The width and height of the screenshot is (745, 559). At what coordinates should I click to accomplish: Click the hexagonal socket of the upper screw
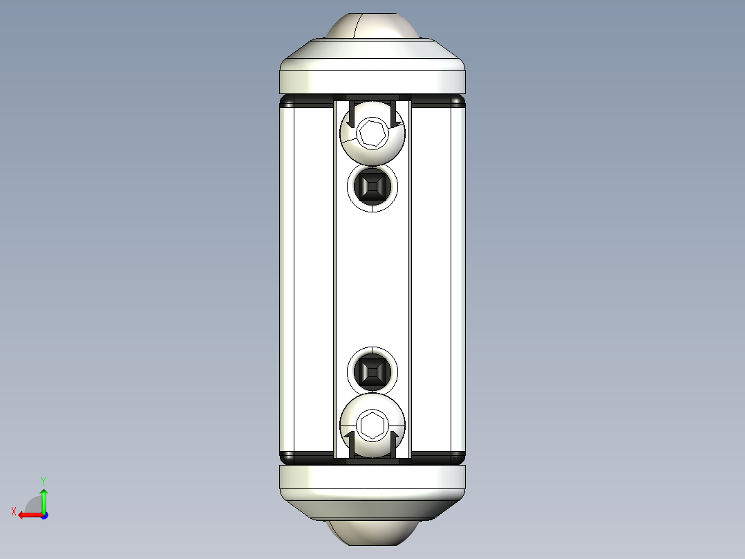(x=372, y=131)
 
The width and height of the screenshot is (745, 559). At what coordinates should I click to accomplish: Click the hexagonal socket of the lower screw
(x=372, y=424)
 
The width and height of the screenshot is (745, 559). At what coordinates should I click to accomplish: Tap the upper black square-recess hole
(x=372, y=185)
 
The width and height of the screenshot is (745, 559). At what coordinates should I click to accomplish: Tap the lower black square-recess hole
(x=372, y=372)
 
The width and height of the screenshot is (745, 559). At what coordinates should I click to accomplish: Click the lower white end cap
(x=372, y=484)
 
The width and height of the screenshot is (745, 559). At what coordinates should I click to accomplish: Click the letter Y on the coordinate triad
(x=44, y=479)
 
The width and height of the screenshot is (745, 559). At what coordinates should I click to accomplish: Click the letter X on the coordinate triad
(x=13, y=511)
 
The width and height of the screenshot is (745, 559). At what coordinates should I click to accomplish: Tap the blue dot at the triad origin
(x=44, y=515)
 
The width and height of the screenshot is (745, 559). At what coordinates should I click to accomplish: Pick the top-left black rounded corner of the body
(x=286, y=103)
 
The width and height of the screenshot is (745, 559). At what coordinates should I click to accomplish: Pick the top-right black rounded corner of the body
(x=458, y=103)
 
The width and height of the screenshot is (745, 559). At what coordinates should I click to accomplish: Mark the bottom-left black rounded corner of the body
(x=286, y=456)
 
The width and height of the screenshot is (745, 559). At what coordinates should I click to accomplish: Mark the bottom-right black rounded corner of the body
(x=458, y=456)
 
